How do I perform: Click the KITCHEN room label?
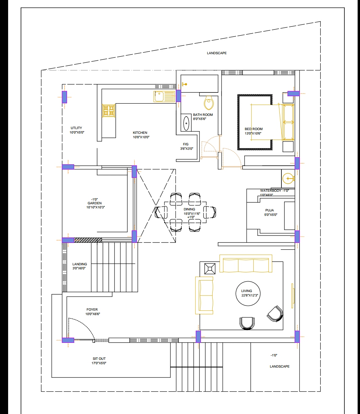(x=140, y=132)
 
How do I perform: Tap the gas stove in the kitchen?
(x=109, y=110)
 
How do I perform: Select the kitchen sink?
(x=164, y=96)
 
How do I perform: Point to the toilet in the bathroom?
(x=209, y=103)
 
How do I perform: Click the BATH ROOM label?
(x=203, y=115)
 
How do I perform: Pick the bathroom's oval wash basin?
(x=186, y=123)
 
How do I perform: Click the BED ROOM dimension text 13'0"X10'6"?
(x=253, y=133)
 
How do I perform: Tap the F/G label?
(x=186, y=144)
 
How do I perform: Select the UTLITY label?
(x=76, y=128)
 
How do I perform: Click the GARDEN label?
(x=94, y=203)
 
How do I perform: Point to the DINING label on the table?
(x=189, y=209)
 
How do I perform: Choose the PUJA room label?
(x=270, y=210)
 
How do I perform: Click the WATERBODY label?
(x=271, y=191)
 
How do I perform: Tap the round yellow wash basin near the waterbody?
(x=288, y=179)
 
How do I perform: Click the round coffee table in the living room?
(x=248, y=293)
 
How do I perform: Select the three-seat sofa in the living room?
(x=246, y=264)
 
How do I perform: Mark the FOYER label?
(x=92, y=309)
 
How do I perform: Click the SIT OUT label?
(x=99, y=358)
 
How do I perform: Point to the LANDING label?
(x=80, y=264)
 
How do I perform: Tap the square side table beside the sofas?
(x=210, y=269)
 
